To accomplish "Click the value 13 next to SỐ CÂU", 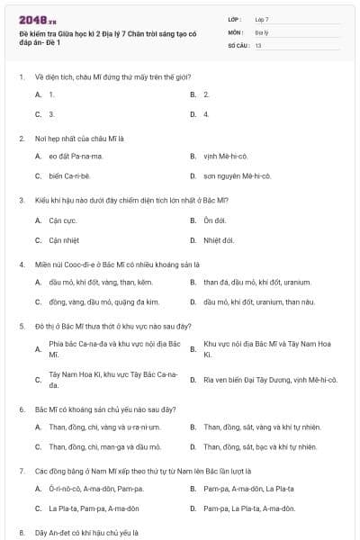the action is (x=258, y=45).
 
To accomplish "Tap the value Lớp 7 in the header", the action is (x=262, y=19).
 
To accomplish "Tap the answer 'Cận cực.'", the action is (x=63, y=220).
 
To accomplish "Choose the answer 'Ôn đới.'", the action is (x=214, y=220).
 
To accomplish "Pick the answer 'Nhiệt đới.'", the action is (x=219, y=240).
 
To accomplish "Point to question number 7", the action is (x=22, y=470).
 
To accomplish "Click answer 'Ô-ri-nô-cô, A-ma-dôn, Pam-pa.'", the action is (x=94, y=489).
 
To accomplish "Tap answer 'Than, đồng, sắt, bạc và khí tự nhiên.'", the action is (x=260, y=446).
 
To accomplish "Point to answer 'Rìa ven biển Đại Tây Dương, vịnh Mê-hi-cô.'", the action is (x=270, y=379).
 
